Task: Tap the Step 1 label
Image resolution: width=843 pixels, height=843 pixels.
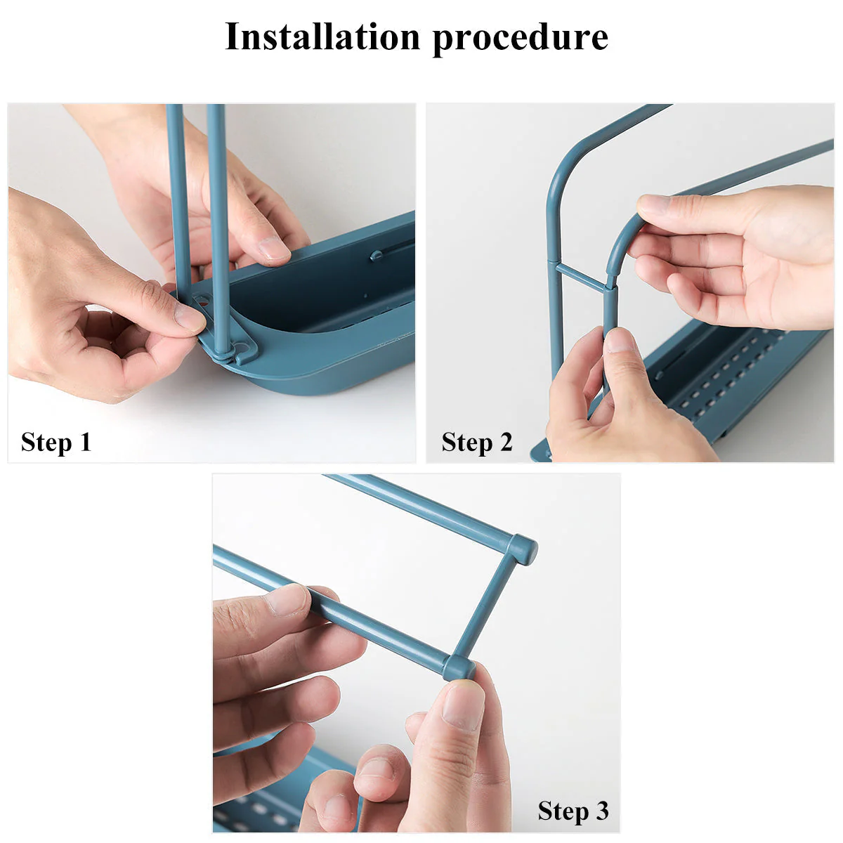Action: pos(56,443)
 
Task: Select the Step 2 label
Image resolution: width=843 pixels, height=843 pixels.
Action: pos(477,443)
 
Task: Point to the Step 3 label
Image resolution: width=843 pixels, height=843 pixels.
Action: pos(573,811)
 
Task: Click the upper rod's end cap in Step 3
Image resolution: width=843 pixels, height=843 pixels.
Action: pos(523,549)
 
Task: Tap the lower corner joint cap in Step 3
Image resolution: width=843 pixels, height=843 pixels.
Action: pos(459,667)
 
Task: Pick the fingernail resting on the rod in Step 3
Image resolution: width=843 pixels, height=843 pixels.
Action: pos(288,601)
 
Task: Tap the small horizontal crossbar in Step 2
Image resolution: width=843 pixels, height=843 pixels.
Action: pos(581,276)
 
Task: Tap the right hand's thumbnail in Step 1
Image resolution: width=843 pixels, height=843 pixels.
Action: pos(273,249)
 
